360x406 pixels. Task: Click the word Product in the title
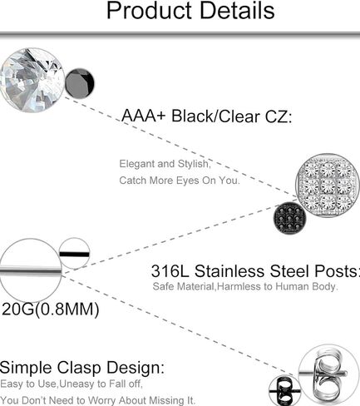[150, 11]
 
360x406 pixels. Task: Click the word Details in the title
[237, 11]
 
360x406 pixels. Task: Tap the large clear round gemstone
[32, 80]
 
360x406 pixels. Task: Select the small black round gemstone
[80, 83]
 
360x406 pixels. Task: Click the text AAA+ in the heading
[143, 116]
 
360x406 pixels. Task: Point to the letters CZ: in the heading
[278, 116]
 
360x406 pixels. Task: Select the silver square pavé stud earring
[328, 186]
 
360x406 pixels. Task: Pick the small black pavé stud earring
[289, 219]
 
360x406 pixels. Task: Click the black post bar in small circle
[75, 254]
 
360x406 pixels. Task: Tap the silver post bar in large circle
[31, 270]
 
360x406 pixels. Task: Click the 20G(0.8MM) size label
[51, 309]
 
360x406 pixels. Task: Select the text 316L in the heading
[170, 271]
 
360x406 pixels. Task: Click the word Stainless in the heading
[229, 271]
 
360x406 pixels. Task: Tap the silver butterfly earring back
[327, 375]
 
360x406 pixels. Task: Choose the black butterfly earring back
[284, 391]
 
